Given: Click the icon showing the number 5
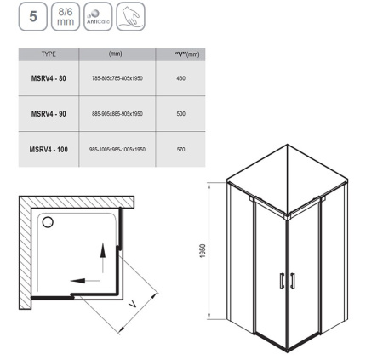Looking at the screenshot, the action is point(33,16).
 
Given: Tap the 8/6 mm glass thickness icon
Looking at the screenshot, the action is point(66,16).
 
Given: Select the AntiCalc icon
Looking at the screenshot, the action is point(98,16).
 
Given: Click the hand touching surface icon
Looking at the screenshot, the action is point(131,16).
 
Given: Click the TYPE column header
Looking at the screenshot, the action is point(49,54).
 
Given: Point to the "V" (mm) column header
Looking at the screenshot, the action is point(187,54).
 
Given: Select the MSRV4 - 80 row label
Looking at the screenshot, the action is point(49,78).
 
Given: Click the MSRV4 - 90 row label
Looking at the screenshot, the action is point(49,114).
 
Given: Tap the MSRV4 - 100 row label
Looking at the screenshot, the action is point(49,150).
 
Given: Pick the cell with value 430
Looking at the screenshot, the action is point(180,78).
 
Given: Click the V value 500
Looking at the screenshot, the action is point(180,114).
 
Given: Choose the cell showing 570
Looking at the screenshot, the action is point(180,150).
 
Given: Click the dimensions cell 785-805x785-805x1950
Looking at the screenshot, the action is point(117,78).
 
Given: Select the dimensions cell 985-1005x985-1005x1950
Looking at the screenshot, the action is point(117,150).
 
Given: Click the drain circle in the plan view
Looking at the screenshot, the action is point(48,222).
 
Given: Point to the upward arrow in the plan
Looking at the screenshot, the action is point(103,258).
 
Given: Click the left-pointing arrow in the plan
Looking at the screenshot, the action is point(85,281).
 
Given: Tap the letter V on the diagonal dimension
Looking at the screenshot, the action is point(133,305).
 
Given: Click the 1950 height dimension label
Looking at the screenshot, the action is point(203,251).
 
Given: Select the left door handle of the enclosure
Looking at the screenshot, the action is point(282,281).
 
